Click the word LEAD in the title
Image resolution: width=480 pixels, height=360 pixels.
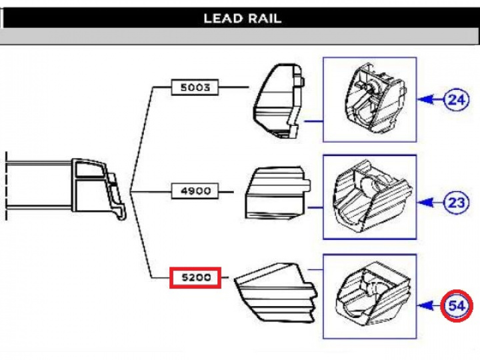pyautogui.click(x=223, y=18)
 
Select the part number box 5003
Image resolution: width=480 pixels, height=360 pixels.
pyautogui.click(x=195, y=87)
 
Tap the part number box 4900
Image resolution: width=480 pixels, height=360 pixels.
pyautogui.click(x=195, y=191)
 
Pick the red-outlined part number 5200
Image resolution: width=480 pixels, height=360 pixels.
pyautogui.click(x=195, y=277)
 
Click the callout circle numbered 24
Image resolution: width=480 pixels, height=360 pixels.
pyautogui.click(x=457, y=100)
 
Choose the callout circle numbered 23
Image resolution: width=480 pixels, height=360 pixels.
pyautogui.click(x=457, y=202)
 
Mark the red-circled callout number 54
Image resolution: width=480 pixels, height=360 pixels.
pyautogui.click(x=457, y=307)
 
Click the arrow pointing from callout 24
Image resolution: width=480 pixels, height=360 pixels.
pyautogui.click(x=431, y=100)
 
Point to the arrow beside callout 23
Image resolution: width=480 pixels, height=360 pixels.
pyautogui.click(x=431, y=202)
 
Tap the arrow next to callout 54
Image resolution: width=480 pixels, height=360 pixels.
pyautogui.click(x=431, y=307)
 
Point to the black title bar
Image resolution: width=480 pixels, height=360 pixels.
pyautogui.click(x=100, y=18)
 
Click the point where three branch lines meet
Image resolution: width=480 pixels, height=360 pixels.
pyautogui.click(x=131, y=192)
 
